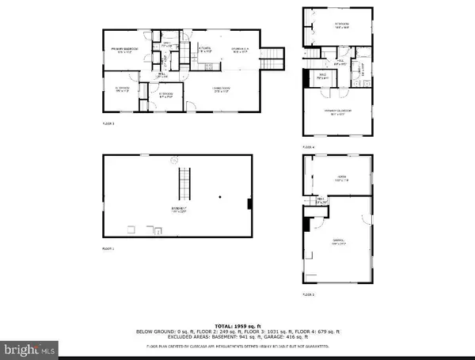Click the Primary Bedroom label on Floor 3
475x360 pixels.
[123, 51]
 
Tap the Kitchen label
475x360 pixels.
[204, 50]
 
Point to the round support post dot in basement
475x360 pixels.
[222, 195]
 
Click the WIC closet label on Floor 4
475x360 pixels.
[322, 78]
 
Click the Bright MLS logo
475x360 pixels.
[29, 347]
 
